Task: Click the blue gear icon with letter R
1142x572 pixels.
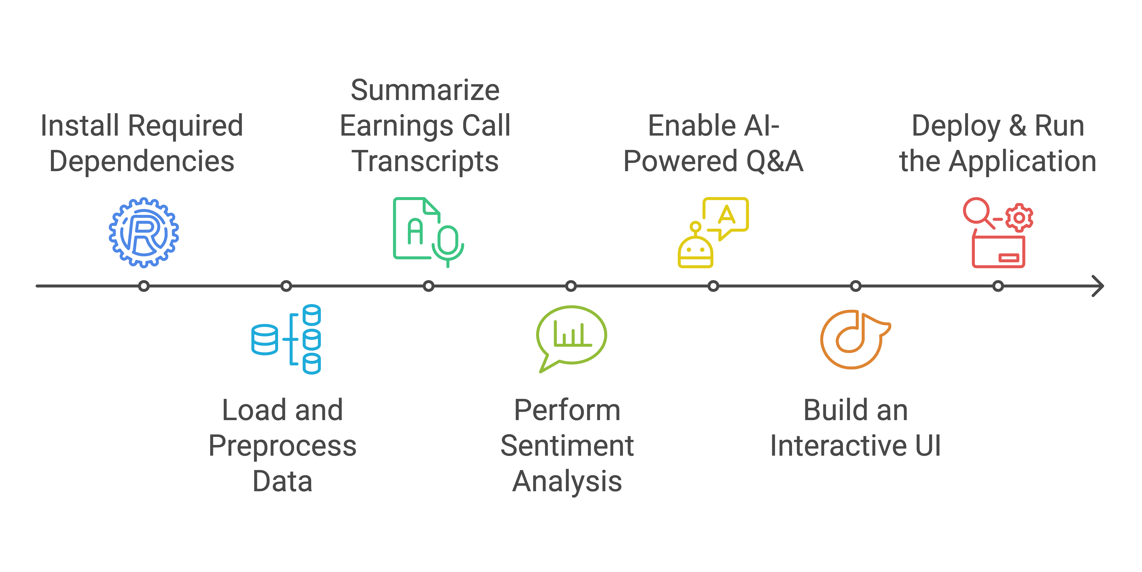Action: click(x=144, y=233)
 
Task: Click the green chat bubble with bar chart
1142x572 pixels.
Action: click(x=571, y=337)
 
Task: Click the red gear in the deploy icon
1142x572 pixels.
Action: click(x=1019, y=218)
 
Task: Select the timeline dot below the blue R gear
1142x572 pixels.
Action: click(x=144, y=286)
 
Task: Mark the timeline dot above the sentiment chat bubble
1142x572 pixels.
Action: click(x=571, y=286)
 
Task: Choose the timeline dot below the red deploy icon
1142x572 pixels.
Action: click(x=998, y=286)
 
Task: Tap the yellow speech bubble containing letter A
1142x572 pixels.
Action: click(x=726, y=215)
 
